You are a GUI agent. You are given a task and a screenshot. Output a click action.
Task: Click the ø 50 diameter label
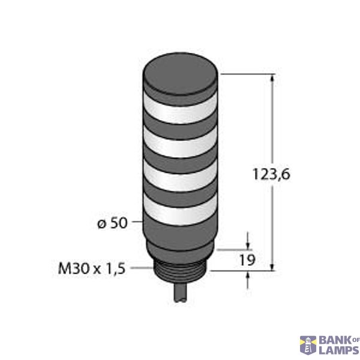tap(112, 223)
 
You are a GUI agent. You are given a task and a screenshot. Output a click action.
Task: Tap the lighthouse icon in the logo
tap(308, 344)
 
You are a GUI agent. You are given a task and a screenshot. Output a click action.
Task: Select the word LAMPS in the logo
tap(338, 350)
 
